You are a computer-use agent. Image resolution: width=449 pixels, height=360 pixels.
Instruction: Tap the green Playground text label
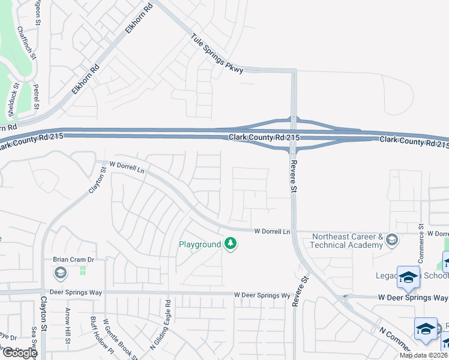coord(200,245)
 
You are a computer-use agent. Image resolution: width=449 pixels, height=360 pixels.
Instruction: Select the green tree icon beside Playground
coord(230,244)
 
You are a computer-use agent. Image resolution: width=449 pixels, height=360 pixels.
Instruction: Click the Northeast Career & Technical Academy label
coord(347,241)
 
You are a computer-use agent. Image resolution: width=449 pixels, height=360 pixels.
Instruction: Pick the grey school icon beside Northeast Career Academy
coord(392,240)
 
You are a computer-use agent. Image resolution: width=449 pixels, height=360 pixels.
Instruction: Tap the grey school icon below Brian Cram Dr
coord(60,274)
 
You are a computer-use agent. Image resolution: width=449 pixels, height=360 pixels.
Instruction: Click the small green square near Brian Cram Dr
coord(82,271)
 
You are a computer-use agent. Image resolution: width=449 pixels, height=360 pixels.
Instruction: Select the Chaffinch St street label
coord(28,43)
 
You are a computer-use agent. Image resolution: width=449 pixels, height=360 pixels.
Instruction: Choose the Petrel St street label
coord(37,97)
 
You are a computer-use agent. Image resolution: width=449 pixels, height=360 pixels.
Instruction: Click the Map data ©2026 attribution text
coord(423,355)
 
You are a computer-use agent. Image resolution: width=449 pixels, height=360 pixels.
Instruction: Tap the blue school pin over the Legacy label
coord(408,278)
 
